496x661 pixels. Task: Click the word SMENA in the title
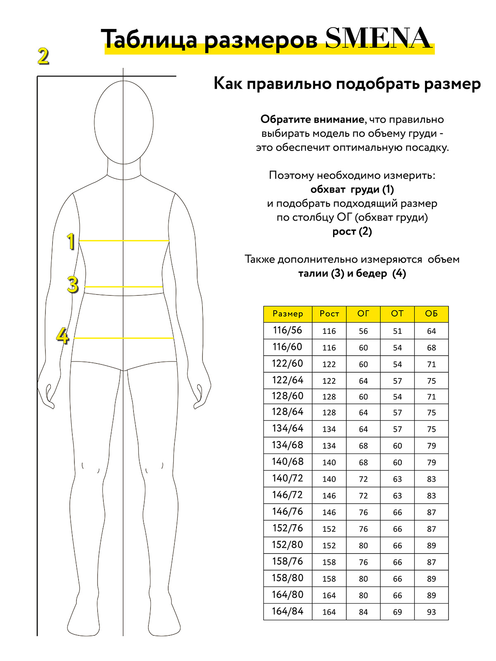(x=378, y=38)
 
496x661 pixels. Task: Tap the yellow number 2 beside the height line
(x=43, y=56)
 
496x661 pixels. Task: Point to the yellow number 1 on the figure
(x=71, y=241)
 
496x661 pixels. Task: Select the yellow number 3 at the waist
(x=73, y=285)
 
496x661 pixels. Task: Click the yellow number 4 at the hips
(x=62, y=336)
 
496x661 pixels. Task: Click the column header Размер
(x=288, y=314)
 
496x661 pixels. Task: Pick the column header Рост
(x=329, y=314)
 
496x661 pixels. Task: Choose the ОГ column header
(x=363, y=314)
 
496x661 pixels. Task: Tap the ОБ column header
(x=431, y=314)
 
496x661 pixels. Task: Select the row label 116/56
(x=288, y=330)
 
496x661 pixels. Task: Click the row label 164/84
(x=288, y=611)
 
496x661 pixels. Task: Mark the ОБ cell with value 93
(x=431, y=612)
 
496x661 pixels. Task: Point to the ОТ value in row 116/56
(x=397, y=331)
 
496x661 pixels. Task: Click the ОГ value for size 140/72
(x=363, y=479)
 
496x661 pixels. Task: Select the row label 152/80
(x=288, y=545)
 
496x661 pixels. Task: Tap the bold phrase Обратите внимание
(x=312, y=120)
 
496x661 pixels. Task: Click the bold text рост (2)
(x=352, y=231)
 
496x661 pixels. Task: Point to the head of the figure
(x=124, y=122)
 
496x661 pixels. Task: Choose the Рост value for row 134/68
(x=329, y=446)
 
